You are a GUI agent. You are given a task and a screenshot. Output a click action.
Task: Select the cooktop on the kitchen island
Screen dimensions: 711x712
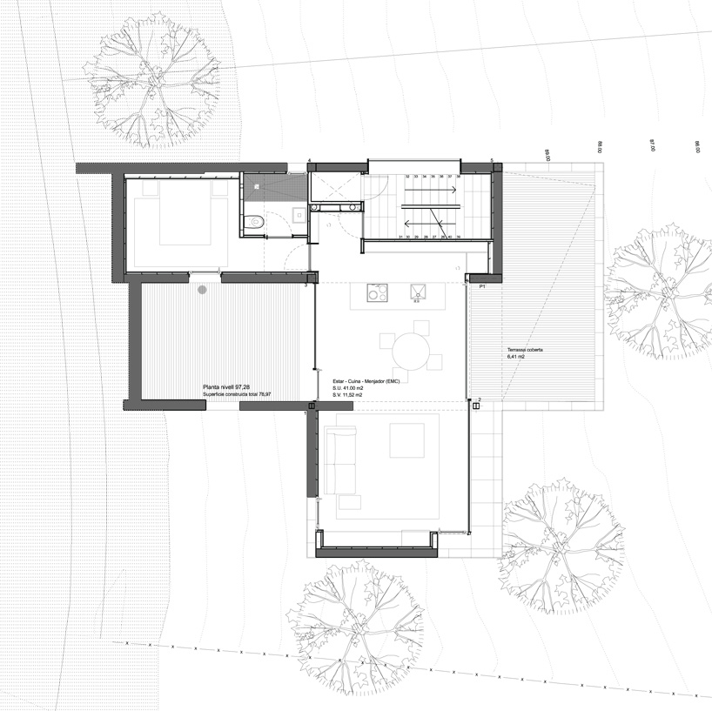tap(376, 293)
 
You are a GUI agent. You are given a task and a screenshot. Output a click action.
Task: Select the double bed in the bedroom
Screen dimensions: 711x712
tap(180, 223)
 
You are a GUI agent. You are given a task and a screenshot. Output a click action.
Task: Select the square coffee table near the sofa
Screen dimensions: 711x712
tap(406, 439)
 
